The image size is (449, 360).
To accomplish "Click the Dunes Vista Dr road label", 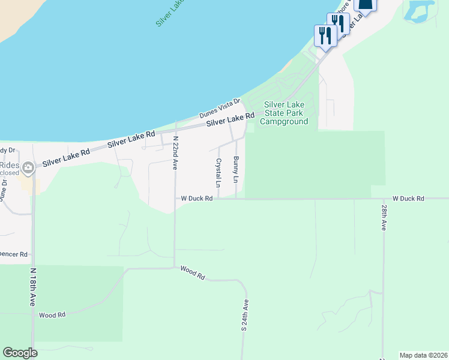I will (220, 109).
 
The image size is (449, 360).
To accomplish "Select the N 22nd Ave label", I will (175, 154).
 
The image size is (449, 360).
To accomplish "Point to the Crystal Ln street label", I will (219, 172).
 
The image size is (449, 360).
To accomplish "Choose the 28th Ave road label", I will (384, 217).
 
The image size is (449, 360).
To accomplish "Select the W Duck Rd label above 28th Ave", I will (408, 198).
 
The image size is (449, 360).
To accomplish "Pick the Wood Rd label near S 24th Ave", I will (193, 273).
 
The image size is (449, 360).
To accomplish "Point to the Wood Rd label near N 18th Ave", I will (51, 314).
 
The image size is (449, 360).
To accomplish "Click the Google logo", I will (20, 353).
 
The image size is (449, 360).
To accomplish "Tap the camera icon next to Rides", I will (28, 169).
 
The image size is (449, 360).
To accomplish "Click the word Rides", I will (10, 166).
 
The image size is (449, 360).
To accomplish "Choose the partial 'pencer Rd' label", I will (14, 254).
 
